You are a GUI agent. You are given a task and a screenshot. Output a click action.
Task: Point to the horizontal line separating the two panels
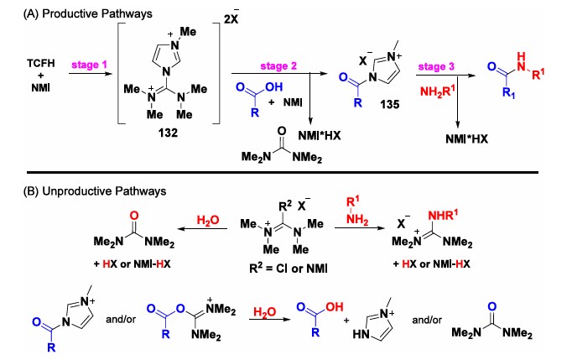(285, 172)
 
